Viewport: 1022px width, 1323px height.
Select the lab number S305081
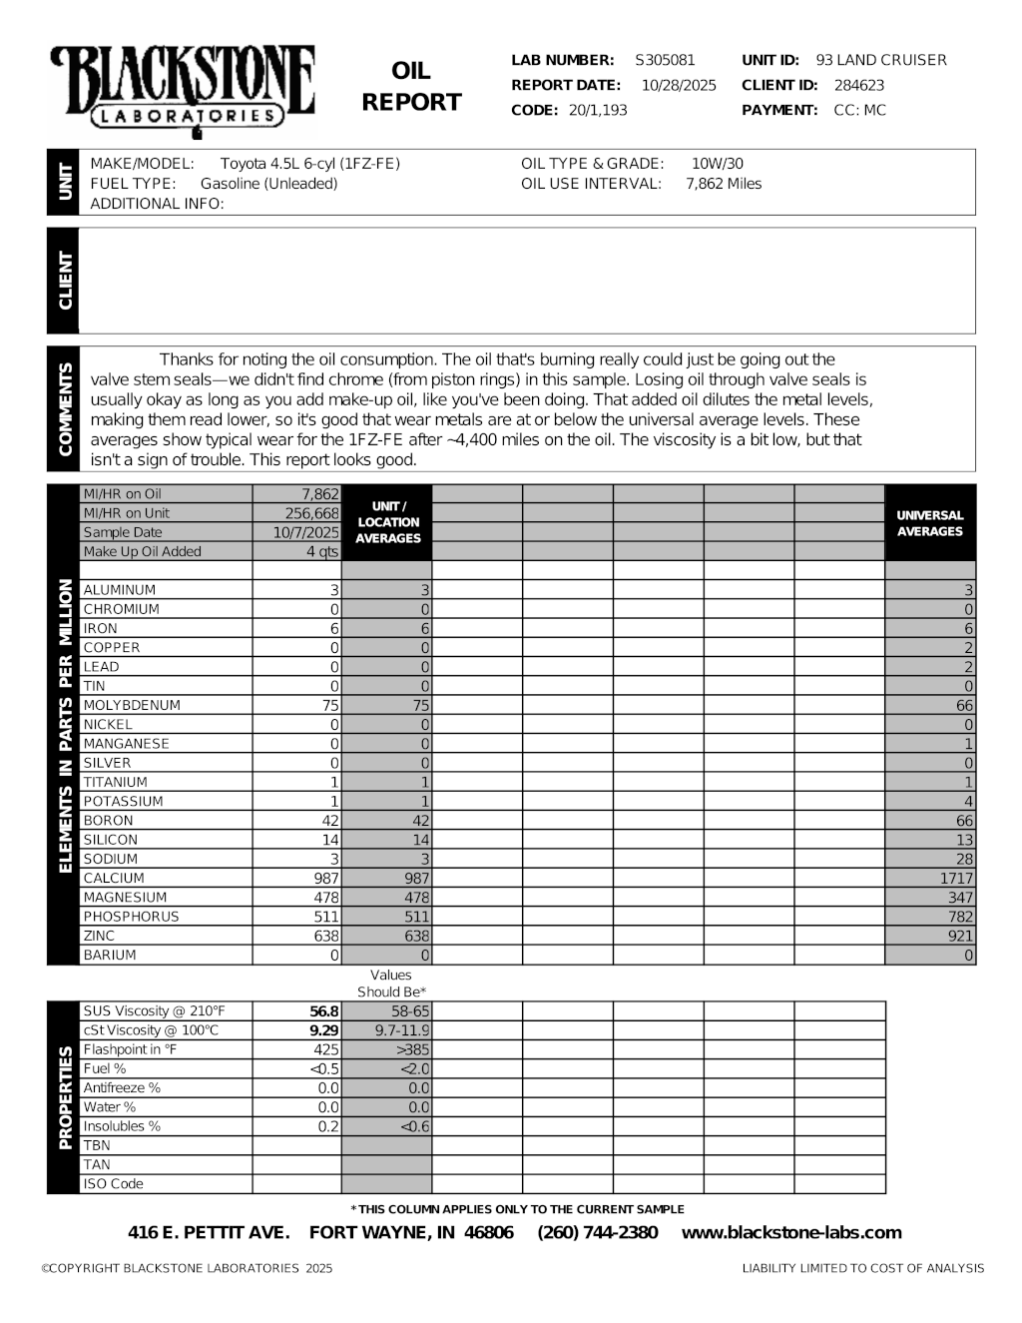pos(665,60)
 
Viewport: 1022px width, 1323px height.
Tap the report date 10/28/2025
pos(679,85)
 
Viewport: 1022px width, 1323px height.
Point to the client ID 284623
pos(859,85)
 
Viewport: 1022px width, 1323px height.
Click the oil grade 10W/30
pos(717,164)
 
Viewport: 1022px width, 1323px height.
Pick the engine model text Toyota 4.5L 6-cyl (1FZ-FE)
pos(309,164)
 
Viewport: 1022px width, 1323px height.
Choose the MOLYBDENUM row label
pos(132,705)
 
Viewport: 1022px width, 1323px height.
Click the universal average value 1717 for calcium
pos(956,878)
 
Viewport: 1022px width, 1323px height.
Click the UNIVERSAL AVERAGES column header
pos(929,523)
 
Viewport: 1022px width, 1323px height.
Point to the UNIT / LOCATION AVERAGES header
pos(388,522)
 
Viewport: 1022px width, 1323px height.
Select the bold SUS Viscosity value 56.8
pos(324,1011)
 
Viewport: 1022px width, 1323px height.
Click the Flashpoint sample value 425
pos(326,1049)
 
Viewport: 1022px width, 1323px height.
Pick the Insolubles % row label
pos(122,1126)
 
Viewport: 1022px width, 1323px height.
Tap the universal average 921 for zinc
pos(961,936)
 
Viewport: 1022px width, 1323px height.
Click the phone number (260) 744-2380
pos(598,1232)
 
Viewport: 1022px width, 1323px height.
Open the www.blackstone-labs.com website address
pos(791,1232)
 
